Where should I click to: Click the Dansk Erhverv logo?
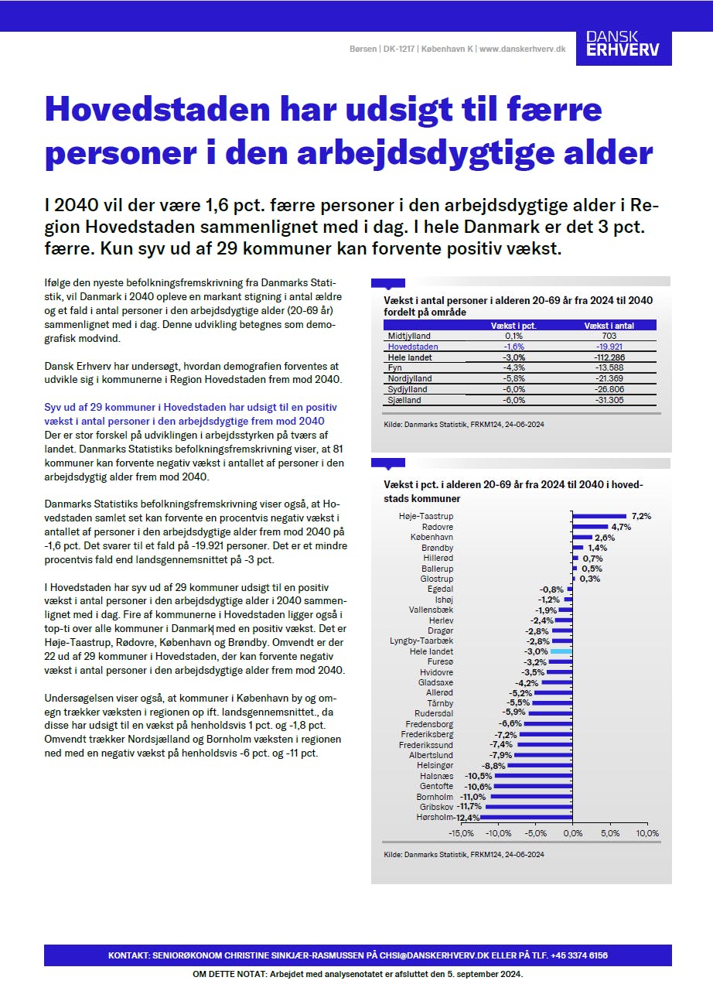coord(623,43)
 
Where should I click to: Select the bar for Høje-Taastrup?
coord(599,516)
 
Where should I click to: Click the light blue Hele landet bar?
coord(561,652)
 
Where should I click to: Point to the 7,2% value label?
coord(641,516)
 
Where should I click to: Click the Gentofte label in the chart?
coord(436,786)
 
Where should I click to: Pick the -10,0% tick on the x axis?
coord(498,834)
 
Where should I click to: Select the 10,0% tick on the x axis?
coord(647,834)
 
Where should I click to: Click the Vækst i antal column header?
coord(609,326)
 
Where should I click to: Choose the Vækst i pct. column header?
coord(513,326)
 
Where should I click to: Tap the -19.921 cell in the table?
coord(609,347)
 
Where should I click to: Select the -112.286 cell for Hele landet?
coord(609,357)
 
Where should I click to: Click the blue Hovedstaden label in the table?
coord(412,347)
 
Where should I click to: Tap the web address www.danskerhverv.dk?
coord(523,49)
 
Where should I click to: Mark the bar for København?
coord(582,537)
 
